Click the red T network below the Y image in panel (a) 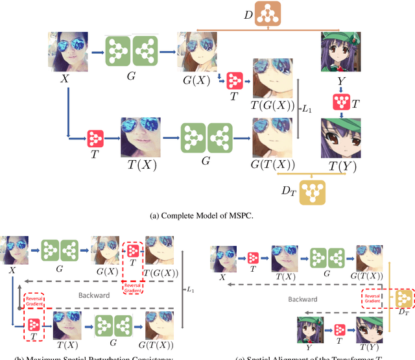(x=341, y=101)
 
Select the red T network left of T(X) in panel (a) (x=96, y=138)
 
